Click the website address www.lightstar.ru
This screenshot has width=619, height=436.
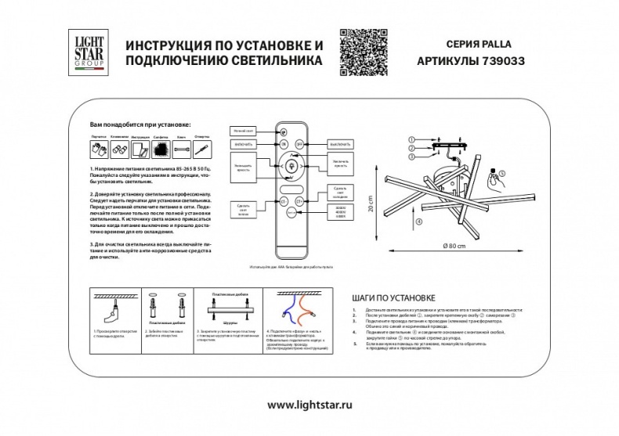[309, 405]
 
